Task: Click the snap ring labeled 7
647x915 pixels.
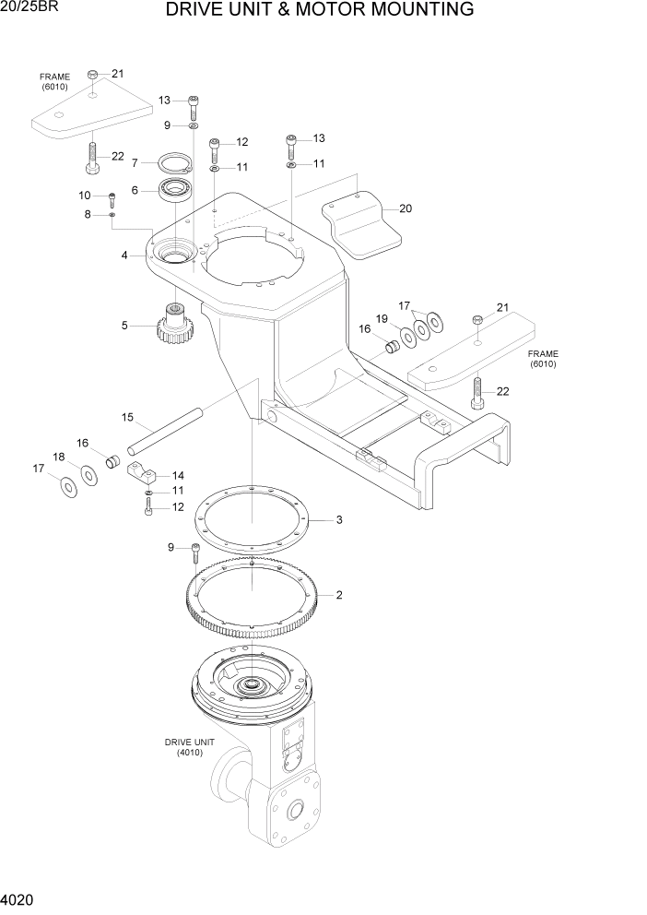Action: (171, 163)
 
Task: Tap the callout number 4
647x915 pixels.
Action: (124, 255)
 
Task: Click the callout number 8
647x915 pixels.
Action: (88, 215)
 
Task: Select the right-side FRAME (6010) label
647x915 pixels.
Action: (543, 359)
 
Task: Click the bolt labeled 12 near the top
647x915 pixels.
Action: (215, 148)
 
